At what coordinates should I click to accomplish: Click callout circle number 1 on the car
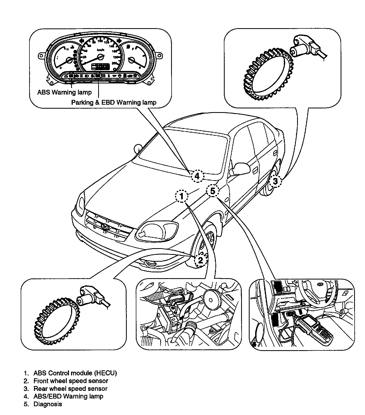pyautogui.click(x=182, y=196)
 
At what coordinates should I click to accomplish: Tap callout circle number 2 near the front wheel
pyautogui.click(x=201, y=260)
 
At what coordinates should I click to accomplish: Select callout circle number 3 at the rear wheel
pyautogui.click(x=275, y=181)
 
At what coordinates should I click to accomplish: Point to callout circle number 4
pyautogui.click(x=197, y=176)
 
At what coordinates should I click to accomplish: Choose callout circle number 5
pyautogui.click(x=213, y=190)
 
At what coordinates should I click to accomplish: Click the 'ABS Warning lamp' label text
pyautogui.click(x=64, y=92)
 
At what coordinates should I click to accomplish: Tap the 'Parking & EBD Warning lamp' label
pyautogui.click(x=114, y=102)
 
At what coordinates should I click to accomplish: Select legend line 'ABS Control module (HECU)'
pyautogui.click(x=75, y=373)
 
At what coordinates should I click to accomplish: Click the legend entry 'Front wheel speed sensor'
pyautogui.click(x=71, y=381)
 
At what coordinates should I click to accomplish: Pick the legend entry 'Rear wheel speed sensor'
pyautogui.click(x=70, y=388)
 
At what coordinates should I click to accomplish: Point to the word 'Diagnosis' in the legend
pyautogui.click(x=48, y=404)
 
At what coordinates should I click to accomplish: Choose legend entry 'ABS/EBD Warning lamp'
pyautogui.click(x=68, y=396)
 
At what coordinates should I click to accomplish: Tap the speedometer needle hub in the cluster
pyautogui.click(x=101, y=56)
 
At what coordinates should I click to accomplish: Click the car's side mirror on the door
pyautogui.click(x=240, y=168)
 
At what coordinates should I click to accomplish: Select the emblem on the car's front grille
pyautogui.click(x=105, y=227)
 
